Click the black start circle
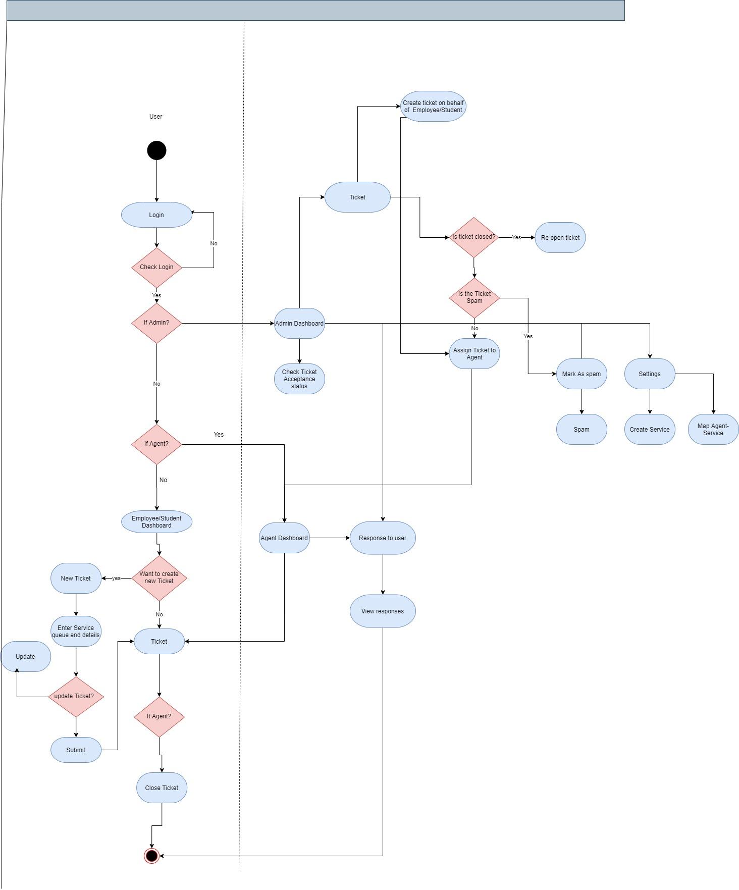pos(156,150)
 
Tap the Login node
pos(156,215)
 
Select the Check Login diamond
pos(156,268)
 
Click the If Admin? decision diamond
pos(156,323)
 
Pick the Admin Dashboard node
pos(299,324)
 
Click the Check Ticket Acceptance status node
pos(299,379)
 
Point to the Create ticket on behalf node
pos(433,107)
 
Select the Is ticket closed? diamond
pos(474,237)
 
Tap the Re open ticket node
pos(560,238)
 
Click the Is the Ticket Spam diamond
pos(474,298)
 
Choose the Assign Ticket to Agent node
pos(474,354)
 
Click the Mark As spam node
pos(582,374)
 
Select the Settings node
pos(650,374)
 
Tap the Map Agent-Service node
pos(713,430)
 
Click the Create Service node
pos(650,430)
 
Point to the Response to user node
pos(383,538)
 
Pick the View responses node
pos(383,611)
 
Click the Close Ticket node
pos(162,788)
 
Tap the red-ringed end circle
pos(151,856)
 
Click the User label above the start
pos(155,117)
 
